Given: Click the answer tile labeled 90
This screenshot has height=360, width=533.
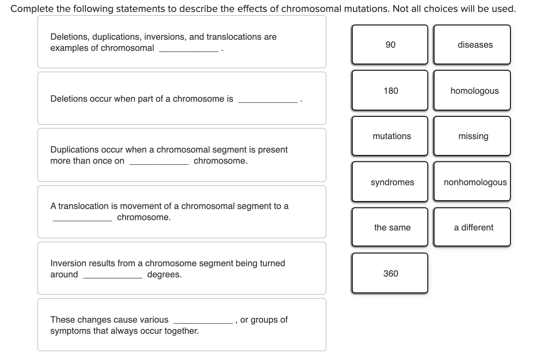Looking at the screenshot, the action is coord(390,45).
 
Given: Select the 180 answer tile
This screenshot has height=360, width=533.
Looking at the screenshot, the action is coord(390,91).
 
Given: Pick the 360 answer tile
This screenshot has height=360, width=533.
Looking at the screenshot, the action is coord(390,273).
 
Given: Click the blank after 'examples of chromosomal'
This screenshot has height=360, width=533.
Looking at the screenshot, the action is coord(189,48).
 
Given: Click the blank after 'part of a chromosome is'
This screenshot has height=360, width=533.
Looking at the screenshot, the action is coord(268,99).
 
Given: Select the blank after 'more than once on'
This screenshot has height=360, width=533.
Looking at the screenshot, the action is coord(159,161).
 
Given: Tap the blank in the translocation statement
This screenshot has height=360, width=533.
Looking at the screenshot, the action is coord(83,218).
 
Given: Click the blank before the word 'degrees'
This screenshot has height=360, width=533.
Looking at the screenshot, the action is coord(112,275).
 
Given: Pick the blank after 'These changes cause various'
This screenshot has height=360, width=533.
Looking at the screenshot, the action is coord(203,320).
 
